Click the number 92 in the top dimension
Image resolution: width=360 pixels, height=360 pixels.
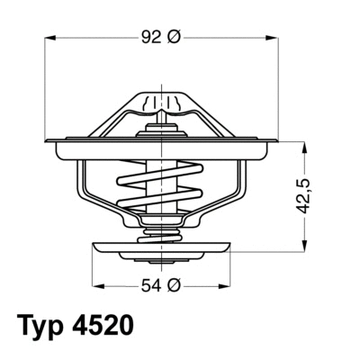149,37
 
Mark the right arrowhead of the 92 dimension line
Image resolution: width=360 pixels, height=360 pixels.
269,37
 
